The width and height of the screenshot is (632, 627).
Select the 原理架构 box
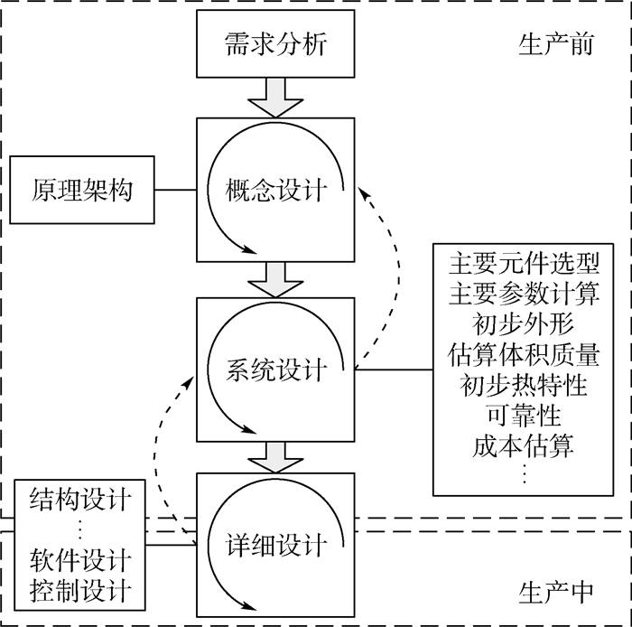(x=82, y=190)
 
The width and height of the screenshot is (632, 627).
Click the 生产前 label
(x=556, y=43)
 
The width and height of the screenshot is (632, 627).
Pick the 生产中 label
(x=556, y=592)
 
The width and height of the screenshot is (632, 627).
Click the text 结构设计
(x=81, y=498)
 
